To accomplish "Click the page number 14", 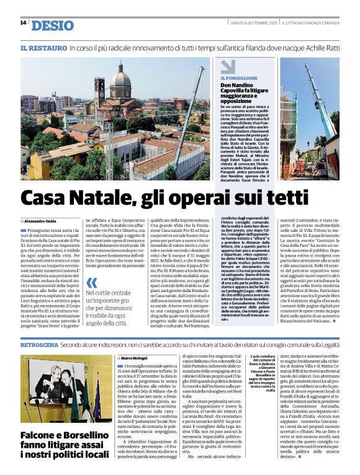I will [x=23, y=23].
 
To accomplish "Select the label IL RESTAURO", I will [x=43, y=48].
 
